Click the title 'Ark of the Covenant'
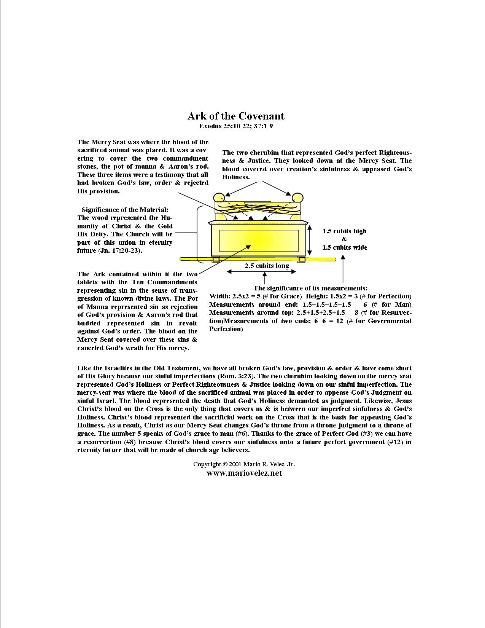pos(235,116)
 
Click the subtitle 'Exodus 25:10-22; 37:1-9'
pos(235,126)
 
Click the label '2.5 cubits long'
pos(267,266)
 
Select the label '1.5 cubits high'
pos(345,231)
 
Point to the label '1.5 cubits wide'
pos(345,247)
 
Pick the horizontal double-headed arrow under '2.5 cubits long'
pos(261,272)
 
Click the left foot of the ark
pos(216,260)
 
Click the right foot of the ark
pos(302,260)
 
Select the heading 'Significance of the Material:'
pos(125,210)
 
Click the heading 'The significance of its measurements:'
pos(310,288)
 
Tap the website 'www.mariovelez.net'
pos(244,473)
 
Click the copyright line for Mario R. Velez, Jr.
pos(244,464)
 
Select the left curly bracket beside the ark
pos(198,234)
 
